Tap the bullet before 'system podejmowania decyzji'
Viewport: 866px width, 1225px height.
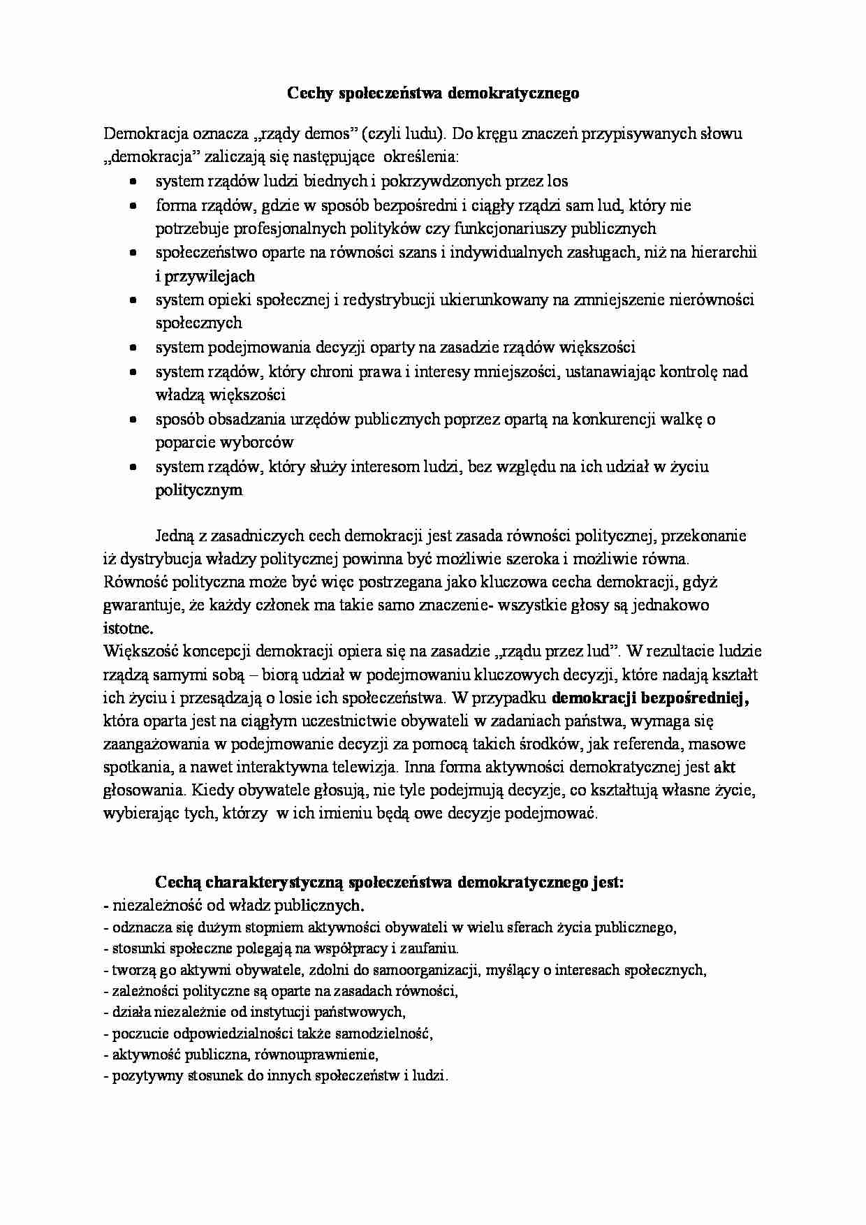click(133, 348)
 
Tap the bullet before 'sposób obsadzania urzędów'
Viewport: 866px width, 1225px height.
click(133, 420)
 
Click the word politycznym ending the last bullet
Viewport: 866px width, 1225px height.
click(198, 490)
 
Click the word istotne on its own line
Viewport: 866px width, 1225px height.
click(128, 627)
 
